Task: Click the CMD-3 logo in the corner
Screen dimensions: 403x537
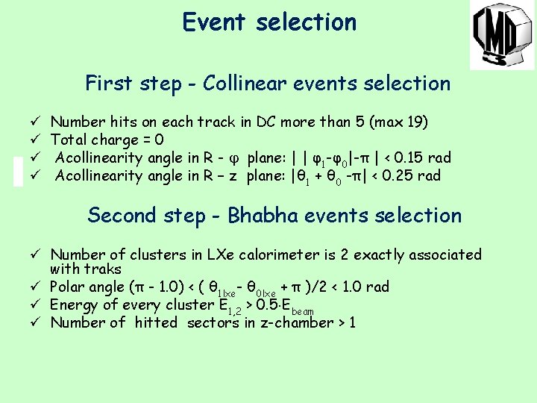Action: [x=501, y=35]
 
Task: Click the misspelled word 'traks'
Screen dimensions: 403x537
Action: [x=104, y=269]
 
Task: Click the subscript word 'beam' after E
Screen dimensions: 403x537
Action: [x=302, y=310]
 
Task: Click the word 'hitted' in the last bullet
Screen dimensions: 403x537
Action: [x=156, y=323]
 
